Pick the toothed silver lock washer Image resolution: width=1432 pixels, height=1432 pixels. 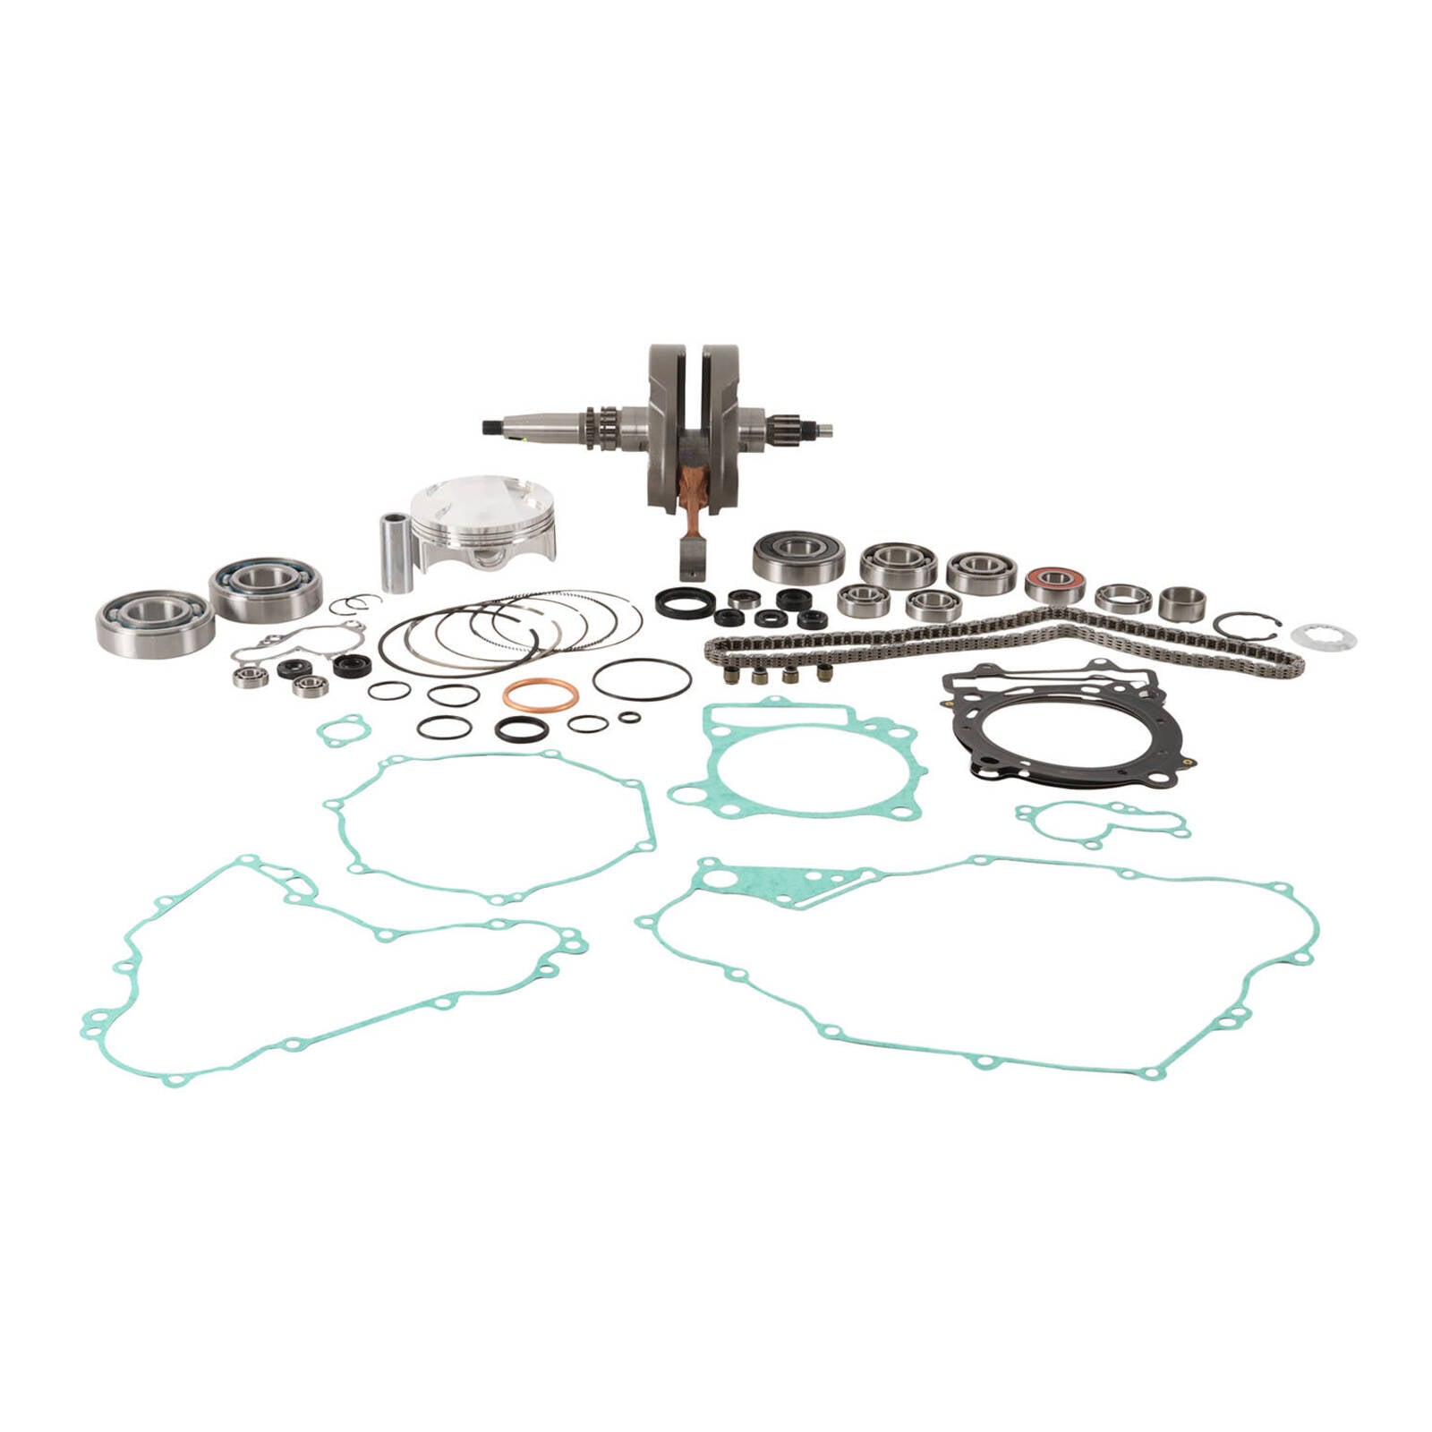point(1323,637)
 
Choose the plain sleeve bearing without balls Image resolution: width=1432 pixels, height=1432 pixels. point(1182,603)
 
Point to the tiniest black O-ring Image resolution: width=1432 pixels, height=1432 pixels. point(629,717)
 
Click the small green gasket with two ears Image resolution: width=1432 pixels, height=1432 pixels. point(343,729)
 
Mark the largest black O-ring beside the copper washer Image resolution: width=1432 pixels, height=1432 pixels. point(641,679)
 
